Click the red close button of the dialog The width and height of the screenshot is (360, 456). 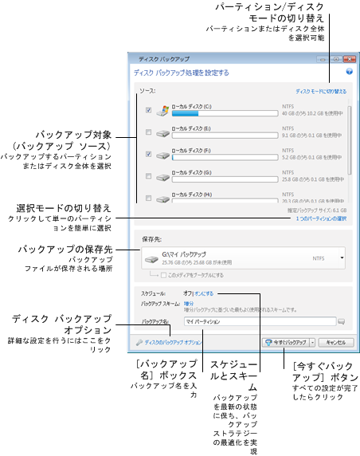pyautogui.click(x=345, y=59)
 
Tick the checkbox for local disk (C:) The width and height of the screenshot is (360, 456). pyautogui.click(x=149, y=110)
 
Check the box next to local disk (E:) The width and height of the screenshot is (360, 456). pyautogui.click(x=149, y=132)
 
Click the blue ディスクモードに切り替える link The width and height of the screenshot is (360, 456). pyautogui.click(x=321, y=92)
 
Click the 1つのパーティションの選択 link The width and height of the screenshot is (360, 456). pyautogui.click(x=321, y=218)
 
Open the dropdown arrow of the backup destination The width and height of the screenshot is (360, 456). pyautogui.click(x=342, y=257)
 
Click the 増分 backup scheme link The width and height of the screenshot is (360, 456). pyautogui.click(x=190, y=304)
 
